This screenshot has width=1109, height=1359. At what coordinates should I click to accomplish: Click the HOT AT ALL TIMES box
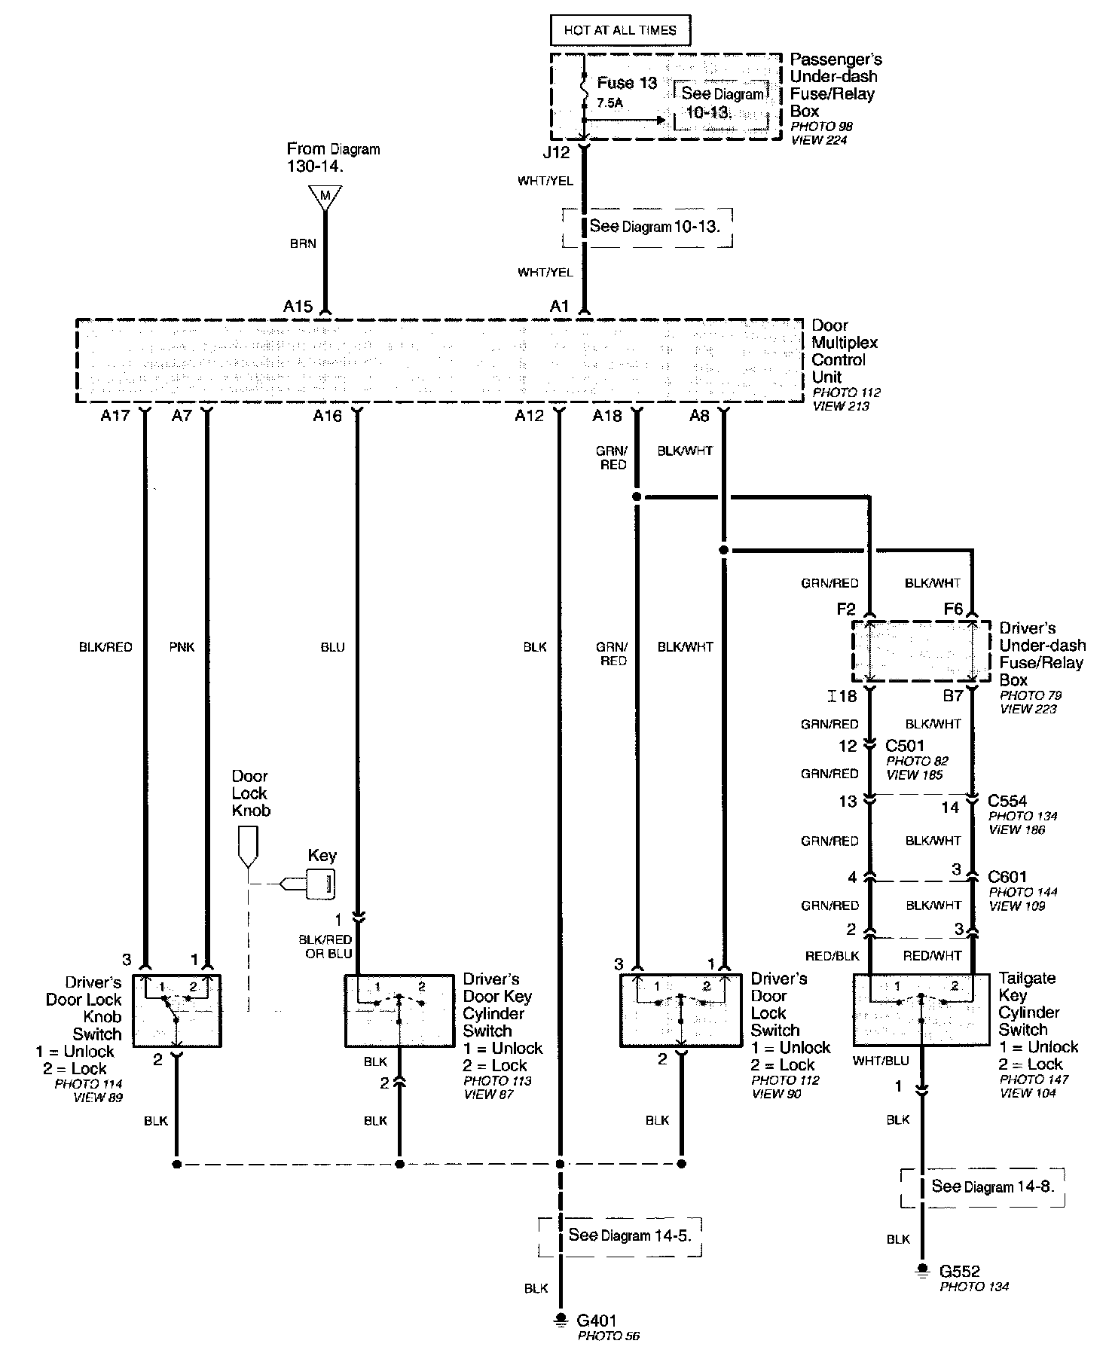(x=620, y=31)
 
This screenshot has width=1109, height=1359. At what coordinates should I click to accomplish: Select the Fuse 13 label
(x=627, y=83)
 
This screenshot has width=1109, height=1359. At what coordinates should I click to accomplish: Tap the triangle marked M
(x=325, y=197)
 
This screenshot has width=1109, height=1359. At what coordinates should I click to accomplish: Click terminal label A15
(x=298, y=307)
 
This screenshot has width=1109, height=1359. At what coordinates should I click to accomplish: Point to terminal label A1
(x=559, y=307)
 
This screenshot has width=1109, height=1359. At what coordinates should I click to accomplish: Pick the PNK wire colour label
(x=182, y=647)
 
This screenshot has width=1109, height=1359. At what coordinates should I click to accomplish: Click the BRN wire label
(x=302, y=243)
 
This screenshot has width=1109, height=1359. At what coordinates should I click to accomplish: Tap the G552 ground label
(x=960, y=1272)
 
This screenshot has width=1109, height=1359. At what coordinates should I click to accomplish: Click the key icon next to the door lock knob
(x=319, y=884)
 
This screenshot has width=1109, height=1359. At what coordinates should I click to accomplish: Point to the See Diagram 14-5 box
(x=619, y=1235)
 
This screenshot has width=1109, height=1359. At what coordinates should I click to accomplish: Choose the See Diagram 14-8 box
(x=982, y=1186)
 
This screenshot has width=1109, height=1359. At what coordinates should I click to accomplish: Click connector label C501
(x=904, y=746)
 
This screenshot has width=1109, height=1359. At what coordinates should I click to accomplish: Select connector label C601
(x=1007, y=878)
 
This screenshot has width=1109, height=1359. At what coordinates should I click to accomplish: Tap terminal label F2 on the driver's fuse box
(x=846, y=609)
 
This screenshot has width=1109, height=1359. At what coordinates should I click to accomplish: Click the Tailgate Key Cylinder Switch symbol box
(x=921, y=1009)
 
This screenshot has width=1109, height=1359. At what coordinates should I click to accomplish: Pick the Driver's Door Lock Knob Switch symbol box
(x=177, y=1010)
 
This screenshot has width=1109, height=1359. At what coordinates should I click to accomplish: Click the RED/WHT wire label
(x=932, y=956)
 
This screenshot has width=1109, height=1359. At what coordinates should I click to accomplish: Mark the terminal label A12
(x=529, y=416)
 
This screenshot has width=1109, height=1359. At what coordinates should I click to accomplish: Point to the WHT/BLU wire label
(x=881, y=1061)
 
